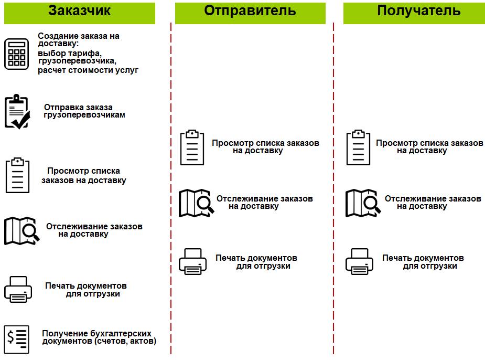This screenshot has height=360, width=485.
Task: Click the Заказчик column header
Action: pos(80,12)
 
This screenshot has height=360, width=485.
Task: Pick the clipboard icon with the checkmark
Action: pos(17,112)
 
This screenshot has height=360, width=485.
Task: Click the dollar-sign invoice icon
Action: pos(16,340)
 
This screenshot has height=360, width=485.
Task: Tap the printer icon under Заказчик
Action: pos(18,289)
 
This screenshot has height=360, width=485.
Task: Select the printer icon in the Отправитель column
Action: pos(193,261)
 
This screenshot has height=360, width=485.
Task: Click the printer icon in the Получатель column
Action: pos(359,261)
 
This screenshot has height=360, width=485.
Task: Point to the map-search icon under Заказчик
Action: pos(21,230)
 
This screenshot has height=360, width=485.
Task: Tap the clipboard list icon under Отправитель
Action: pos(192,147)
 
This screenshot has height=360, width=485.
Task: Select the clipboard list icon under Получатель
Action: pos(358,147)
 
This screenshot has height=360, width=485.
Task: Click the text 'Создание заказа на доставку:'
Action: pos(79,40)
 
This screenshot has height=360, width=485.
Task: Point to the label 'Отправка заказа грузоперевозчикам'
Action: pos(85,111)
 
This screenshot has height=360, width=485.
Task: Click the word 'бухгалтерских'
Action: pos(125,333)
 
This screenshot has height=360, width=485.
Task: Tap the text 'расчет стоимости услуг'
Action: pos(88,70)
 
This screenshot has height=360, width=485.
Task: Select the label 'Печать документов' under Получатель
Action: pos(423,258)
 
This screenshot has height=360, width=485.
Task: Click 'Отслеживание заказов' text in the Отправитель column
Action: pos(265,199)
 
